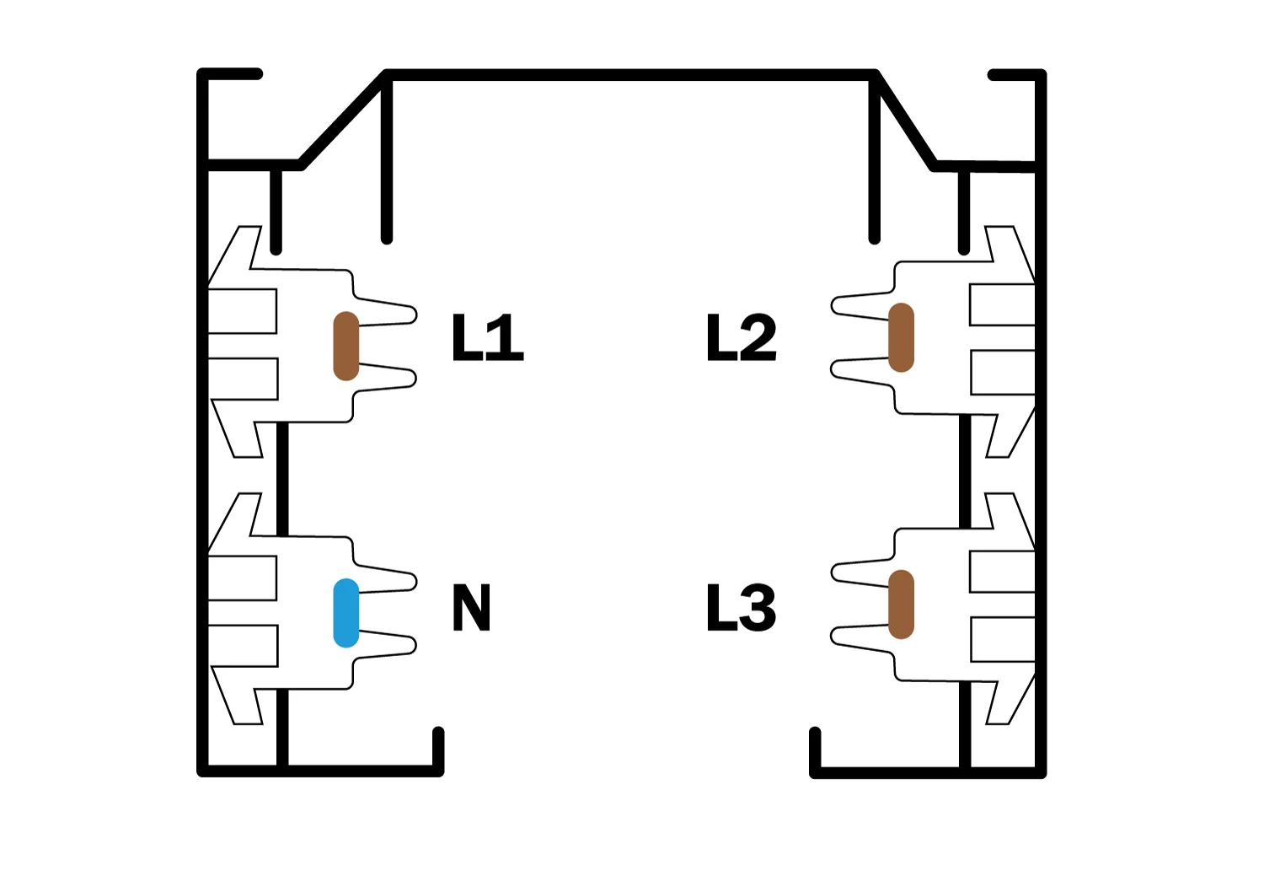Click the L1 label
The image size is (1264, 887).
pyautogui.click(x=488, y=337)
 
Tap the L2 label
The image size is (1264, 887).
pyautogui.click(x=742, y=337)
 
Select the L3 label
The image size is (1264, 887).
pyautogui.click(x=742, y=608)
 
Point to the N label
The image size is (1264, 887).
pyautogui.click(x=471, y=608)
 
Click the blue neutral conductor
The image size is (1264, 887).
pyautogui.click(x=345, y=613)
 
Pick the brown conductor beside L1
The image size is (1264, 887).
pyautogui.click(x=345, y=346)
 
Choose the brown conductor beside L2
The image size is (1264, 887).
pyautogui.click(x=901, y=337)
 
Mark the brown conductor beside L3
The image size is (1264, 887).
pyautogui.click(x=901, y=605)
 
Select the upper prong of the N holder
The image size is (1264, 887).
pyautogui.click(x=387, y=578)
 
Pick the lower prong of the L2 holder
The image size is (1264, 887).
pyautogui.click(x=862, y=370)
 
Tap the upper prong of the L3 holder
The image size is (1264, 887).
pyautogui.click(x=862, y=573)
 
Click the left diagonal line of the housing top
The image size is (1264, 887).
pyautogui.click(x=342, y=120)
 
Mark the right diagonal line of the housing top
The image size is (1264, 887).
pyautogui.click(x=904, y=121)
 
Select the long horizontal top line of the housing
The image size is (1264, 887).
pyautogui.click(x=630, y=75)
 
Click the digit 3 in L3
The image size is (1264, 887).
pyautogui.click(x=760, y=608)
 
